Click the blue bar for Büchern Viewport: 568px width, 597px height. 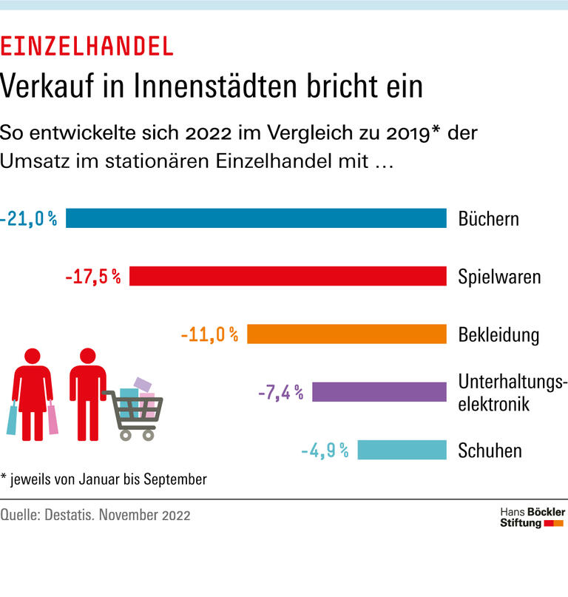(x=256, y=218)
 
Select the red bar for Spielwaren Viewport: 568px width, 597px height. (x=288, y=276)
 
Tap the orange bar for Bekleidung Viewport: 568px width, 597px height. (x=347, y=334)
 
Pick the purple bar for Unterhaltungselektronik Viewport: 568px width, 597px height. (x=379, y=391)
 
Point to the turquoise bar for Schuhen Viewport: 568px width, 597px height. (x=402, y=449)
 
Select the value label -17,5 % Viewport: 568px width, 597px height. (x=92, y=277)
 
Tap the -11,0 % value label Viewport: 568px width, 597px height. (x=209, y=334)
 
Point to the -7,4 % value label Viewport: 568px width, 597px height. (x=280, y=392)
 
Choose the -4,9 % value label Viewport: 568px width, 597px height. (x=325, y=450)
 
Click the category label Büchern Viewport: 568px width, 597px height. (x=489, y=219)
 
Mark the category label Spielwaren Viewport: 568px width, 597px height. (x=499, y=277)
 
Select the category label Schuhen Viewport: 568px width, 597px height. (x=490, y=450)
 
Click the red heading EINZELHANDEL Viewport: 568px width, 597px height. (x=87, y=47)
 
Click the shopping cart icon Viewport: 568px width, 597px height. (x=136, y=413)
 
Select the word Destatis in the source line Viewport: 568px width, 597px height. (x=82, y=515)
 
